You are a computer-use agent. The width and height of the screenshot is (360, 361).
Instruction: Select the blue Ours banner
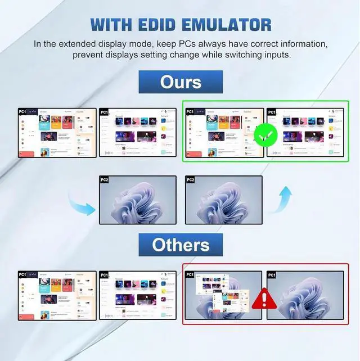pyautogui.click(x=181, y=82)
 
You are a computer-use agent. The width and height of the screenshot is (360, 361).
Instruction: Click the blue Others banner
pyautogui.click(x=181, y=245)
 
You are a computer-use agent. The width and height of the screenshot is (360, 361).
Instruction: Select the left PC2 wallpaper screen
pyautogui.click(x=138, y=200)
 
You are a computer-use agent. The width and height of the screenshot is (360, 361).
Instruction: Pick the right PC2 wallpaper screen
pyautogui.click(x=223, y=200)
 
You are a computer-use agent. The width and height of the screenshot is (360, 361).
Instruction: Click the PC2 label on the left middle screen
pyautogui.click(x=104, y=180)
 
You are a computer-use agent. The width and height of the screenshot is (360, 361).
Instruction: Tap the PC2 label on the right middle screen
pyautogui.click(x=190, y=180)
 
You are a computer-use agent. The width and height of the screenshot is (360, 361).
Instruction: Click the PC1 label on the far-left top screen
pyautogui.click(x=23, y=112)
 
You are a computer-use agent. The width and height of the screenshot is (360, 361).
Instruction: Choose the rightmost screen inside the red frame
pyautogui.click(x=304, y=295)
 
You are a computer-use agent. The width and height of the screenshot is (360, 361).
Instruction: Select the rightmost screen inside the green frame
pyautogui.click(x=304, y=132)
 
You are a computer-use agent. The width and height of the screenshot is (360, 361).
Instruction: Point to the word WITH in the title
pyautogui.click(x=110, y=25)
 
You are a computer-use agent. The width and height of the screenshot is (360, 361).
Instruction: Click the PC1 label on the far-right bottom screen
pyautogui.click(x=272, y=275)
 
